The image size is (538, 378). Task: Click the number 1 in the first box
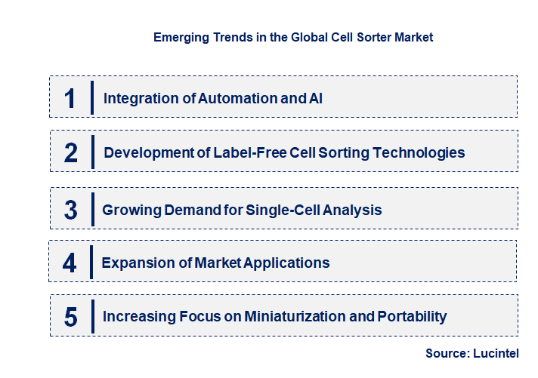70,97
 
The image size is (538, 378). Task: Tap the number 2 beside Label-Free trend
70,152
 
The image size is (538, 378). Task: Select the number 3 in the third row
70,210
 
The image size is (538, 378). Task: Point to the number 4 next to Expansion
70,263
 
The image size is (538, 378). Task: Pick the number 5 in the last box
70,316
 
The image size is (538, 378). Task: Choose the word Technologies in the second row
420,152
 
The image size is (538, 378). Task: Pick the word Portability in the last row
413,316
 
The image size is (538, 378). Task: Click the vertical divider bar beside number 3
91,209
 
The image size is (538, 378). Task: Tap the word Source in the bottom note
447,353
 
